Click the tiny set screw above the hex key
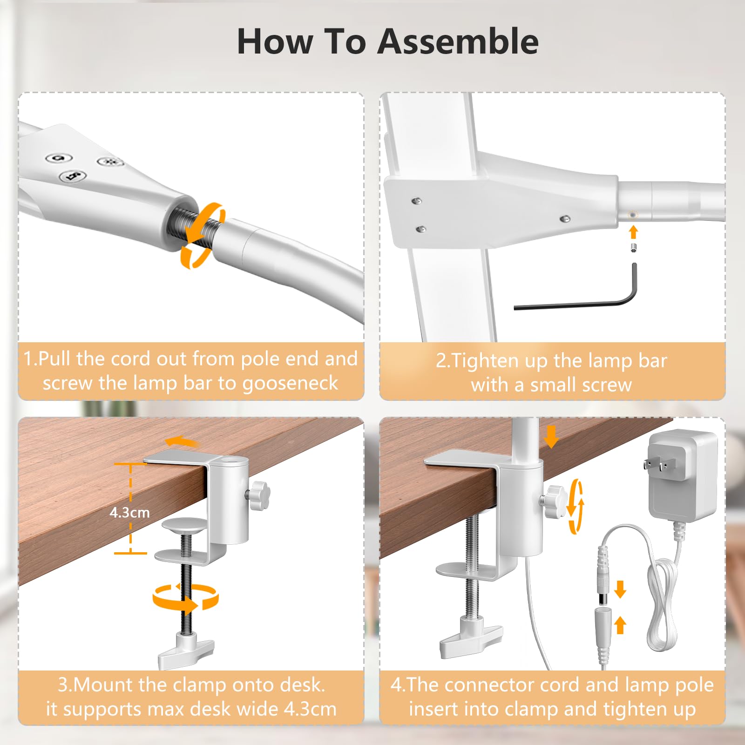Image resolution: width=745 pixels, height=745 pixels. [633, 247]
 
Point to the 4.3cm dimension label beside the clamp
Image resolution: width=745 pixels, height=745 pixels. [129, 513]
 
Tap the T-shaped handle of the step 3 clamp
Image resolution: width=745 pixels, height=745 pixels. [186, 649]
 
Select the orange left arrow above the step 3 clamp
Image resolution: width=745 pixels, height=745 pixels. [183, 441]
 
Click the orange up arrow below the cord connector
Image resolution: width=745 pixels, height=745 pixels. [620, 625]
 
